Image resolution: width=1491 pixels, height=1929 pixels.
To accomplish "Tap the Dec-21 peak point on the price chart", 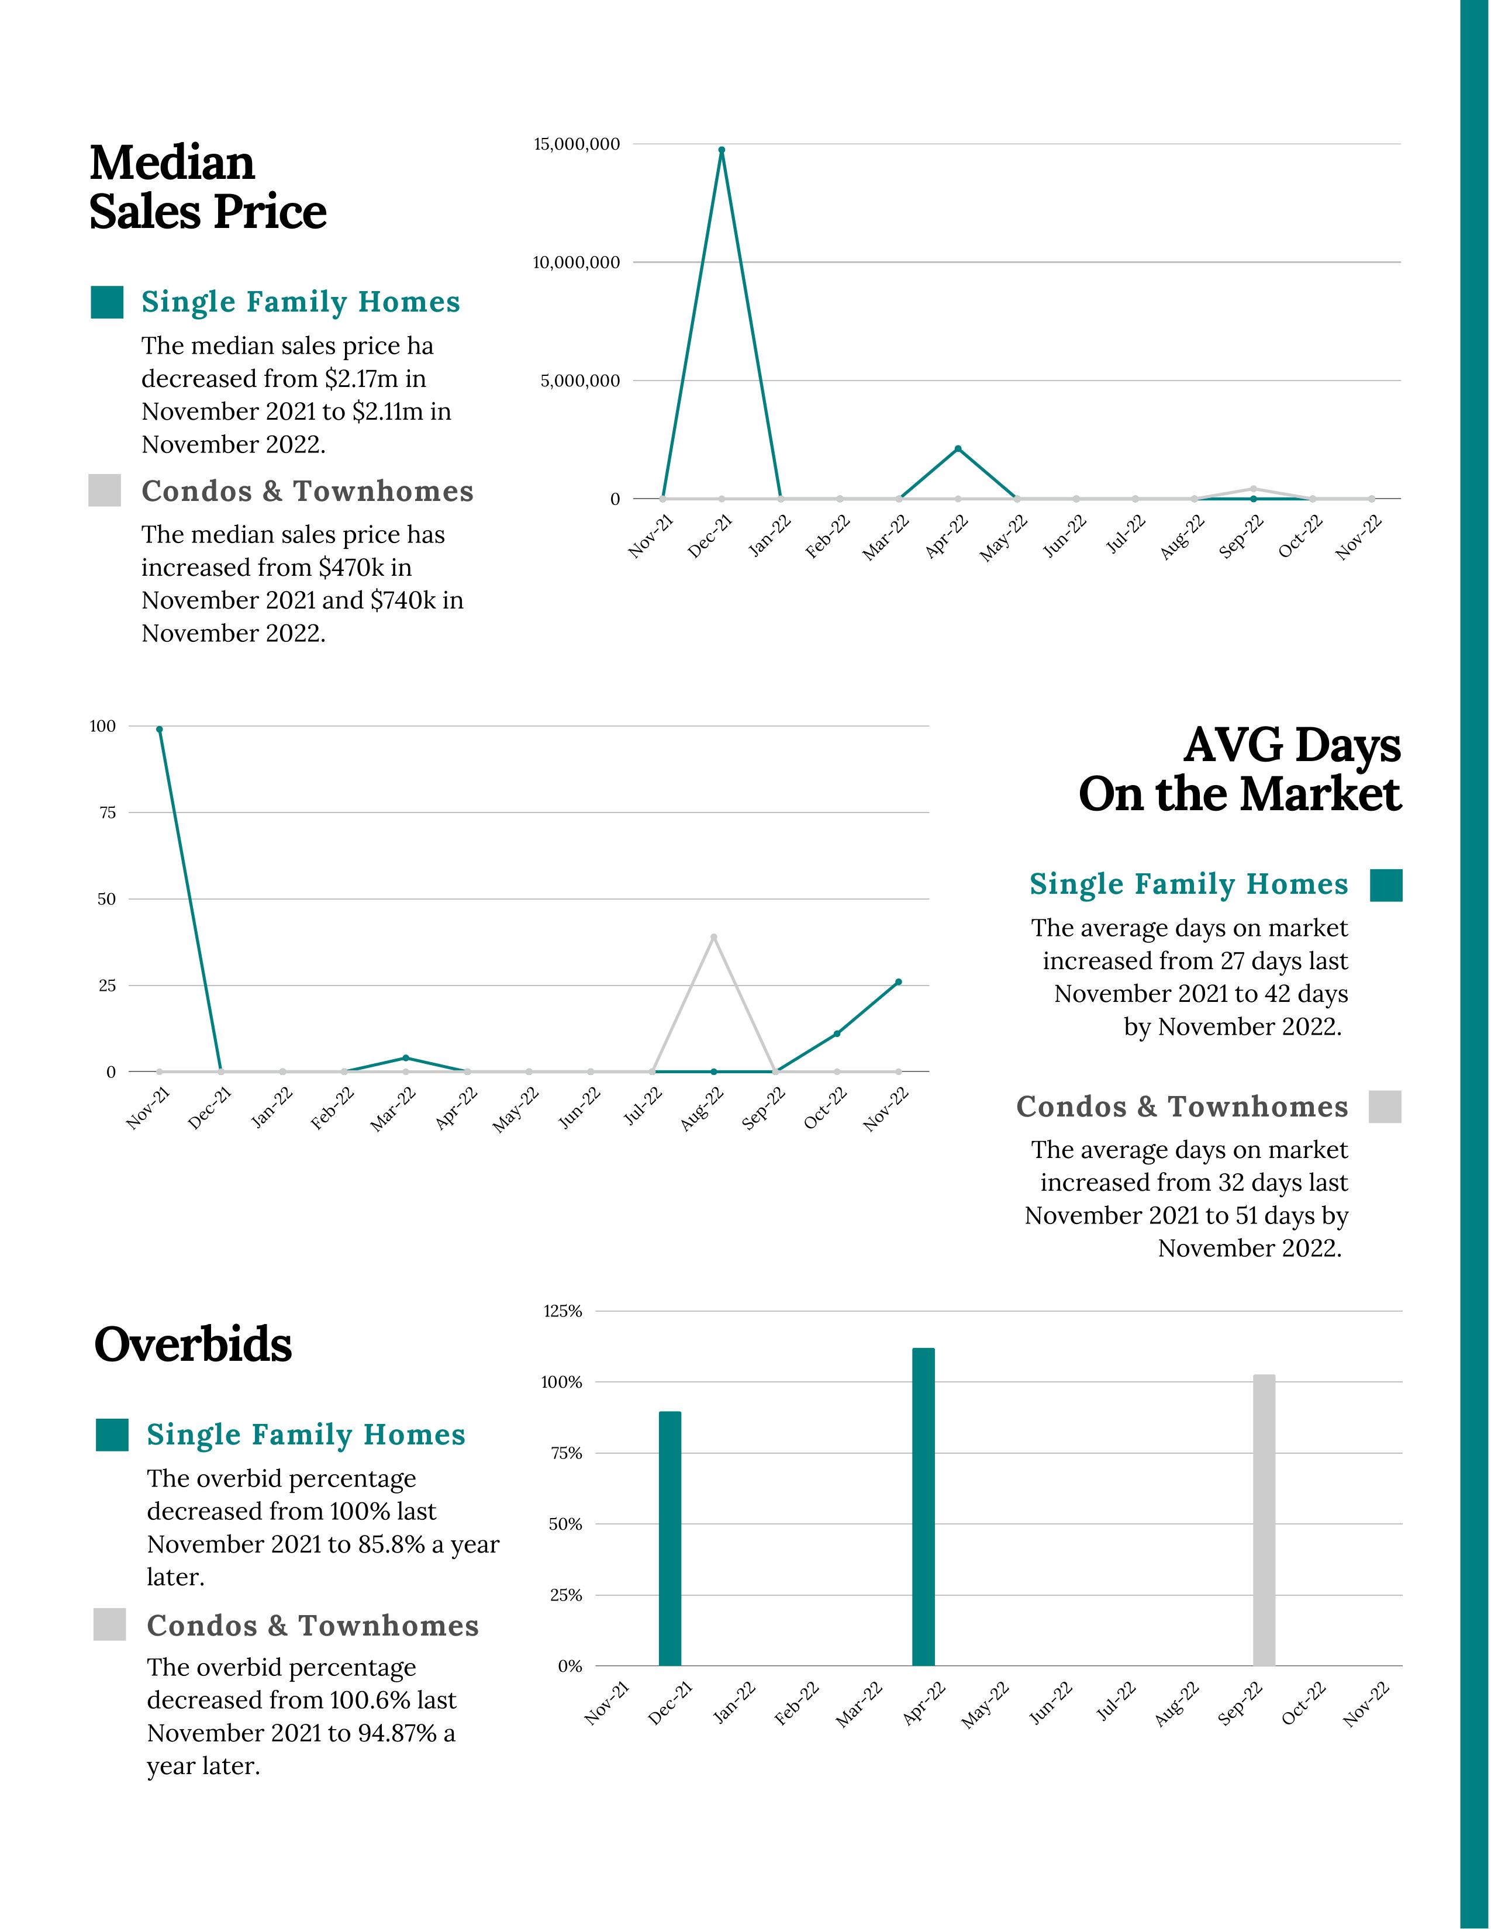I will pos(722,150).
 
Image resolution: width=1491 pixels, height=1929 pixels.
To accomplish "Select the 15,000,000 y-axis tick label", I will pos(576,144).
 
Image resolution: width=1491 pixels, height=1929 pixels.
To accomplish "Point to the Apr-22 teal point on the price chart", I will pos(958,449).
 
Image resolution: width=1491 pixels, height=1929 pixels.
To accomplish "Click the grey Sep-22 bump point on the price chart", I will pos(1254,489).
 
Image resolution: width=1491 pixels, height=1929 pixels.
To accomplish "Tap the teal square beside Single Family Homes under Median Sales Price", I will pos(107,302).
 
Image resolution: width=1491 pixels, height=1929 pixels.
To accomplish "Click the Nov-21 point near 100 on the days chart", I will pos(159,730).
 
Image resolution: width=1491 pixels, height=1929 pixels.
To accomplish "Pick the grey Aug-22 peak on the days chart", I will pos(714,937).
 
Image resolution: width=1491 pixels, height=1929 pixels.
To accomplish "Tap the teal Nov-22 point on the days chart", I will pos(898,982).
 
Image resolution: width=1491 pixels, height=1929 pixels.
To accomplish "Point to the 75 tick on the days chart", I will pos(107,813).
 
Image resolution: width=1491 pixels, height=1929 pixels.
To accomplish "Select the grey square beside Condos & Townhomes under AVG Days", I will pos(1385,1107).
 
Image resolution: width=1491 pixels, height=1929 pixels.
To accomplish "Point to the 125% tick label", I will pos(562,1312).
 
